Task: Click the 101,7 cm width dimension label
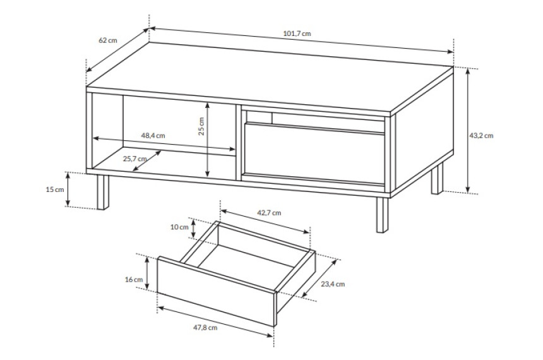(297, 33)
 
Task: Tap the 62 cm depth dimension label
(108, 40)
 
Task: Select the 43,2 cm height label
(481, 136)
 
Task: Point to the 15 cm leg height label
(55, 189)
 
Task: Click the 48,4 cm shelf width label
(153, 136)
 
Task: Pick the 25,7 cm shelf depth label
(134, 159)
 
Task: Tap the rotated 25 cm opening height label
(201, 126)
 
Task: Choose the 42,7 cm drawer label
(269, 213)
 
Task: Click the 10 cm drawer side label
(179, 227)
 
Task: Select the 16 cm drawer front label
(134, 279)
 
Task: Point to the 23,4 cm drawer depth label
(333, 284)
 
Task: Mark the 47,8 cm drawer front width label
(205, 327)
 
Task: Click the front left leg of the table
(103, 192)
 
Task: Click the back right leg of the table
(438, 179)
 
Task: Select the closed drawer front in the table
(314, 153)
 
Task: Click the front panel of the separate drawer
(216, 291)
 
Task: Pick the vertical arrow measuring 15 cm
(68, 189)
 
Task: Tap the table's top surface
(270, 79)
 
